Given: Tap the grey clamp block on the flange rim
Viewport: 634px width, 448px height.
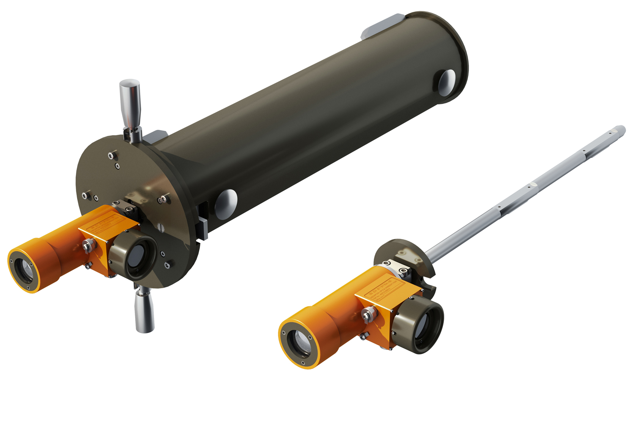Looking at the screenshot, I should tap(203, 228).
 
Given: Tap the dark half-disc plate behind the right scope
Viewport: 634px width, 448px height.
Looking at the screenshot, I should tap(395, 247).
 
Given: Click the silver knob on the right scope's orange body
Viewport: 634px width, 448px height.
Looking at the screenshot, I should tap(368, 314).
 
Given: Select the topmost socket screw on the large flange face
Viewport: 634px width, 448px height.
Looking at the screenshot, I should tap(111, 155).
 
